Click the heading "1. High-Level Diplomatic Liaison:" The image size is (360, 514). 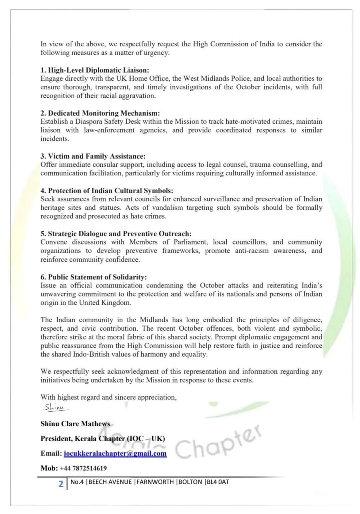[95, 70]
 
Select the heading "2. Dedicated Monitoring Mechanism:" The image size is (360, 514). [100, 113]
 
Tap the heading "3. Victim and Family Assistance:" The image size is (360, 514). [93, 156]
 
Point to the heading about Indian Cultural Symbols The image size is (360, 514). [107, 191]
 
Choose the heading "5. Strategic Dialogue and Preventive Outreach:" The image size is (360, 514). [116, 234]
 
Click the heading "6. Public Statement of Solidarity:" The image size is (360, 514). [94, 277]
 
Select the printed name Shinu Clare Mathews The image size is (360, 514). [75, 424]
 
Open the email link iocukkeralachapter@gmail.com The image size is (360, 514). [115, 454]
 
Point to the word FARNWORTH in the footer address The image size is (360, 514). [155, 482]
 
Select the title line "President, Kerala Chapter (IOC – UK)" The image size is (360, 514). [103, 439]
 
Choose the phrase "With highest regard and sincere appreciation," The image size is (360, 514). [108, 397]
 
